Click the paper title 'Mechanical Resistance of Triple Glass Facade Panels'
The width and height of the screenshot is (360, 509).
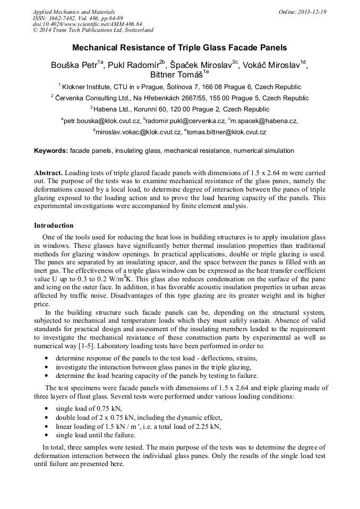tap(179, 47)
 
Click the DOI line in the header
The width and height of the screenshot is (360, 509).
tap(87, 24)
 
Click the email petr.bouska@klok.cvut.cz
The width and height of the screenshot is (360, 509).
tap(100, 121)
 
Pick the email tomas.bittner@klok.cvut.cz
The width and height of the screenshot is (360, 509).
tap(225, 132)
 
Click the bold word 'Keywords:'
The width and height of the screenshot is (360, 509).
tap(51, 151)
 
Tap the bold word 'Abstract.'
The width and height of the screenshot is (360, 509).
tap(48, 173)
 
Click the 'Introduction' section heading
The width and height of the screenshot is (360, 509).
tap(54, 226)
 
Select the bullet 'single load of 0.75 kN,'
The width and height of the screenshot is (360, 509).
tap(89, 408)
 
